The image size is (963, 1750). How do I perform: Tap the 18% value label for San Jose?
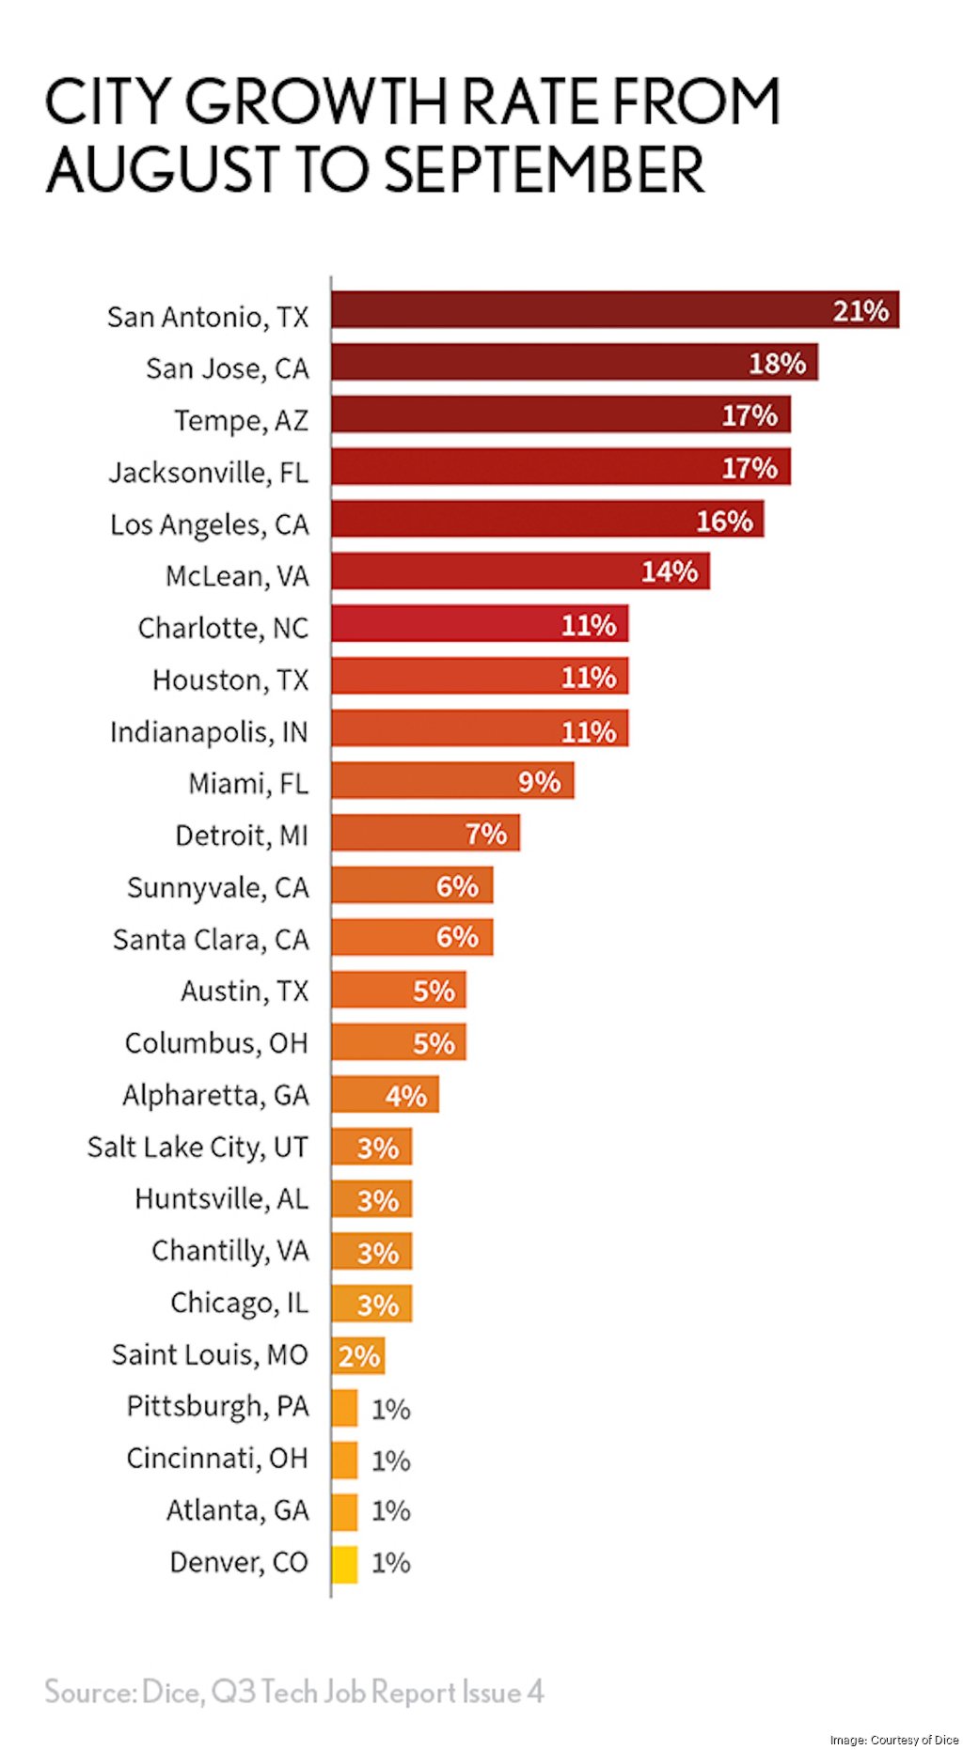coord(777,364)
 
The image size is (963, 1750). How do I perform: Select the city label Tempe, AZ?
coord(241,420)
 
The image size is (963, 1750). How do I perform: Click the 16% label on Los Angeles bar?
coord(724,521)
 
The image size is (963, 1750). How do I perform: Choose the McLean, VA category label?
coord(237,576)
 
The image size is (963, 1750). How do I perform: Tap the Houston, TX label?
coord(230,680)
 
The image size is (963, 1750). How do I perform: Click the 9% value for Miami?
coord(539,782)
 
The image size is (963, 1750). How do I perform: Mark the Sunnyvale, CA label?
coord(217,887)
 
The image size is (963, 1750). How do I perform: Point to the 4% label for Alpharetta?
coord(405,1096)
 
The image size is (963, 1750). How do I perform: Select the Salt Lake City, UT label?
coord(197,1147)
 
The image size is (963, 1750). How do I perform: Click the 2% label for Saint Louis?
coord(358,1356)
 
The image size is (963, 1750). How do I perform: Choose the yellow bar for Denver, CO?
coord(344,1564)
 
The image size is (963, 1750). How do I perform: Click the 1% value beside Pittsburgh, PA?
coord(390,1409)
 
